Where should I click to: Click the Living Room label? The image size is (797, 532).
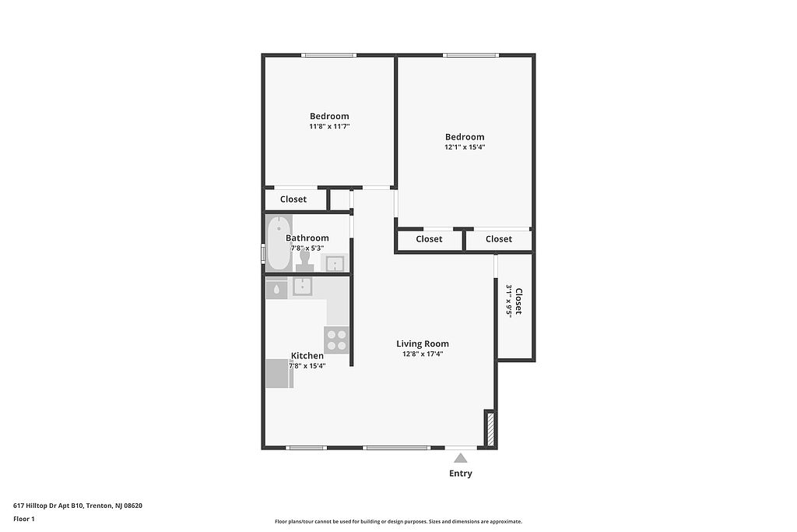(x=423, y=344)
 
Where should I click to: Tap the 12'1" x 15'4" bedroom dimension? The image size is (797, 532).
(x=465, y=147)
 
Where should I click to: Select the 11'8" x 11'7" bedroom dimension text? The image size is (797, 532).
(x=329, y=126)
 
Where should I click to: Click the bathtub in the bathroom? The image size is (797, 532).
(x=279, y=243)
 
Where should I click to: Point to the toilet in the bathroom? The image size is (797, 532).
(x=305, y=259)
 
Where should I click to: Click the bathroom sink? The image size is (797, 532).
(x=335, y=263)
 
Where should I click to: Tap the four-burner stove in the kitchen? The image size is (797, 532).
(x=336, y=340)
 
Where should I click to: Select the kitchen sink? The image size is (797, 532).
(x=302, y=287)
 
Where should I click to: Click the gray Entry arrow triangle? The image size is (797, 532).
(x=461, y=458)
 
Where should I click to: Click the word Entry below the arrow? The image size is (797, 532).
(x=461, y=474)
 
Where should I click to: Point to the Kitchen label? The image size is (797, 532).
(x=307, y=355)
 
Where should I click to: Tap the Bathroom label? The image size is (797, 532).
(x=307, y=238)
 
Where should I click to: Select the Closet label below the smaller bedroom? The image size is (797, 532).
(x=293, y=199)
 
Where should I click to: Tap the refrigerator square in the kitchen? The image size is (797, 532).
(x=279, y=373)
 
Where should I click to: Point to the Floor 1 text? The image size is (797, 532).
(x=24, y=519)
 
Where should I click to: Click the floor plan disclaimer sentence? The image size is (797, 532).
(x=398, y=521)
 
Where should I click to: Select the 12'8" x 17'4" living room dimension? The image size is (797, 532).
(x=423, y=354)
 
